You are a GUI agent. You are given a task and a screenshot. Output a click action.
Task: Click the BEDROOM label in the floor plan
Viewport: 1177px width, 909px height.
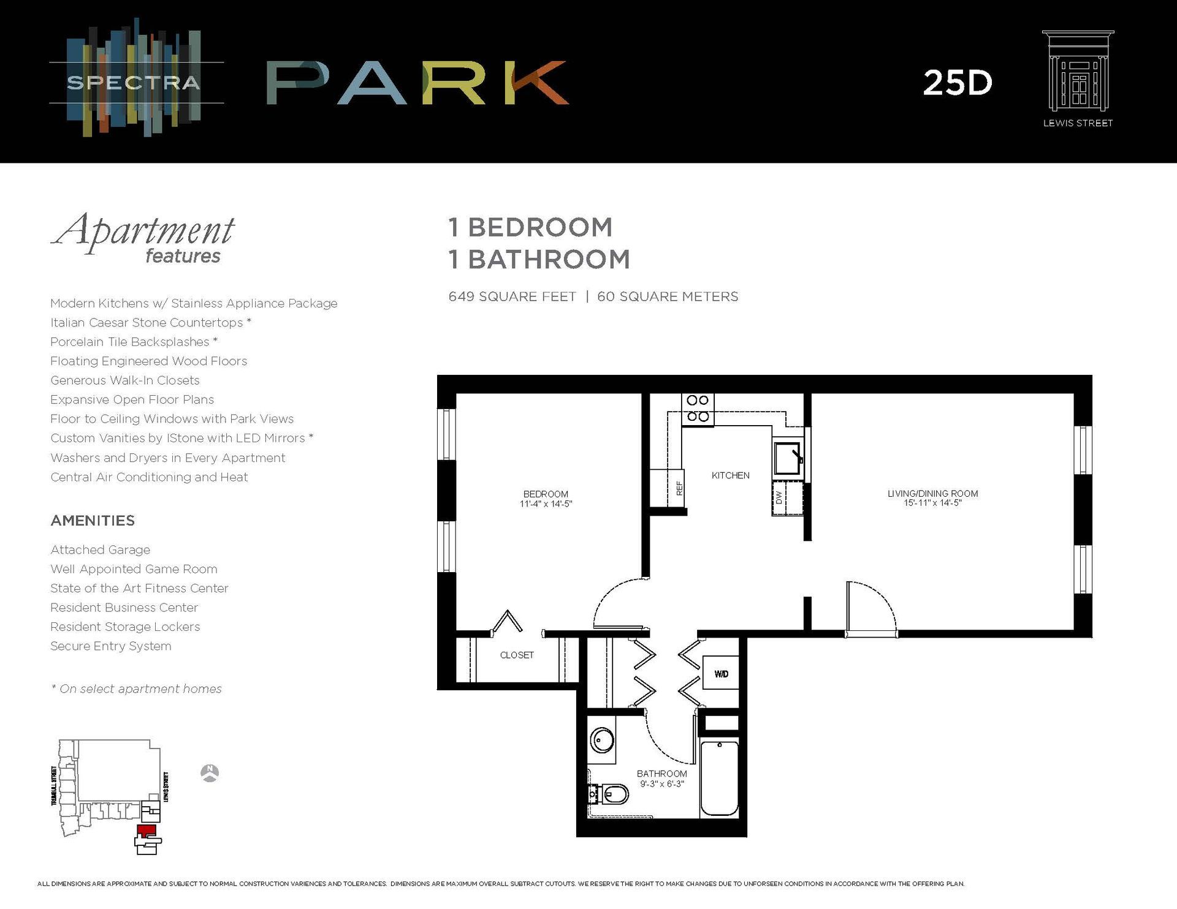pyautogui.click(x=546, y=494)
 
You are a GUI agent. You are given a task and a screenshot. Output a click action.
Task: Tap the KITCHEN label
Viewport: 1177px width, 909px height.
pyautogui.click(x=730, y=475)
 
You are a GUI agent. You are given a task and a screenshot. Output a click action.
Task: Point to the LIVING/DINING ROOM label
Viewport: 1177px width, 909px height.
pyautogui.click(x=932, y=494)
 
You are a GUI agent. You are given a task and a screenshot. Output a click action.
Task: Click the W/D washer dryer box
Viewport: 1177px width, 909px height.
pyautogui.click(x=721, y=673)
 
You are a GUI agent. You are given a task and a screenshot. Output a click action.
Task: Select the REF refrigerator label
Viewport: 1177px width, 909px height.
pyautogui.click(x=679, y=488)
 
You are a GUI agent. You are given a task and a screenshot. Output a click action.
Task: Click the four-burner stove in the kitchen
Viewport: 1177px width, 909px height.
pyautogui.click(x=698, y=409)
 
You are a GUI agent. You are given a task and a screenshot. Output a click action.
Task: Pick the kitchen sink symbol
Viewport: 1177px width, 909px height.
pyautogui.click(x=788, y=458)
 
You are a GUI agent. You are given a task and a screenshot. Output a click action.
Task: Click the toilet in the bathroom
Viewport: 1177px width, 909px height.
pyautogui.click(x=611, y=795)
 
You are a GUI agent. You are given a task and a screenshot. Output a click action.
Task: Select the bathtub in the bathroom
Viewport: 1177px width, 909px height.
pyautogui.click(x=719, y=778)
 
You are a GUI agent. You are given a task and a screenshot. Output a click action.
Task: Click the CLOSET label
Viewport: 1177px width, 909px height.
pyautogui.click(x=517, y=655)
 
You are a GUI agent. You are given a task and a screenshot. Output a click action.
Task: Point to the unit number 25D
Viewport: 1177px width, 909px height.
pyautogui.click(x=957, y=83)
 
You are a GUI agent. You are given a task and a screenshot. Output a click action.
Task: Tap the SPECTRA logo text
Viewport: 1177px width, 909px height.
pyautogui.click(x=134, y=83)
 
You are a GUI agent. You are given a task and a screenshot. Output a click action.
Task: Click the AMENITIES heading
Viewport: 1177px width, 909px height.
pyautogui.click(x=93, y=521)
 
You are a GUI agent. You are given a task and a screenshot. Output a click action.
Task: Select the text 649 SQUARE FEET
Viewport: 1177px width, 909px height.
pyautogui.click(x=512, y=297)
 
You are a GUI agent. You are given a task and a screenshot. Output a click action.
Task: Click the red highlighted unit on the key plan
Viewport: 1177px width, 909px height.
pyautogui.click(x=146, y=831)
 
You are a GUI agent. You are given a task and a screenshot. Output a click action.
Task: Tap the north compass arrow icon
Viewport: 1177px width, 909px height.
pyautogui.click(x=210, y=773)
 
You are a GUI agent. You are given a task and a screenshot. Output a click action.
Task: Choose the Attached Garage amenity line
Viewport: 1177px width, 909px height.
pyautogui.click(x=100, y=550)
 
